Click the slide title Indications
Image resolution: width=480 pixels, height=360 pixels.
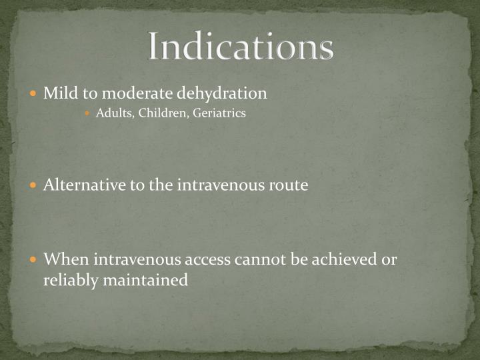tap(240, 47)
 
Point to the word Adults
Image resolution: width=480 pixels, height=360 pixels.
tap(115, 113)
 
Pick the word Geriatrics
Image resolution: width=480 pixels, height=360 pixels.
tap(219, 113)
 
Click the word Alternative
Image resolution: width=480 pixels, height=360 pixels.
tap(85, 185)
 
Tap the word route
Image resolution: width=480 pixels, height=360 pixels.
tap(288, 185)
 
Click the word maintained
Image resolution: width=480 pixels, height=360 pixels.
tap(145, 281)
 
